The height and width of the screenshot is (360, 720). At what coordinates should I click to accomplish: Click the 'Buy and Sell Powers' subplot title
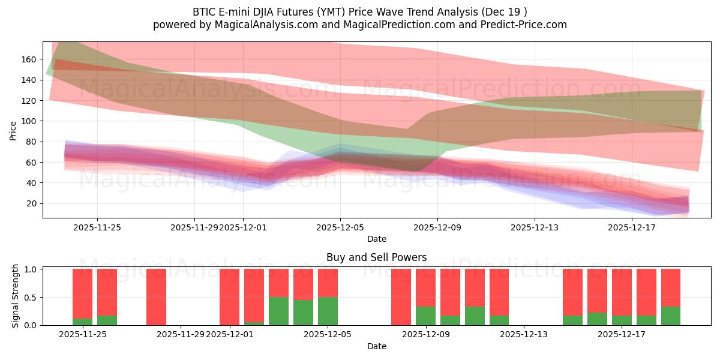[376, 257]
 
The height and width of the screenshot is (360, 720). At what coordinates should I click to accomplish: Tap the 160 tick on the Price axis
[29, 59]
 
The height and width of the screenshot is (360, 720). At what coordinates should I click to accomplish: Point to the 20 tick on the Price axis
[32, 204]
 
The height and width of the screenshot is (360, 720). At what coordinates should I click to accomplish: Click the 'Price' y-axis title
[13, 130]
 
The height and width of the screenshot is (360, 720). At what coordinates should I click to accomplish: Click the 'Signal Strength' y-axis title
[16, 296]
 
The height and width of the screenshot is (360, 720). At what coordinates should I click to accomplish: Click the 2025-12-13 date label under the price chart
[534, 227]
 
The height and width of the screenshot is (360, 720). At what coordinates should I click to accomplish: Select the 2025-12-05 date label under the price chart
[340, 227]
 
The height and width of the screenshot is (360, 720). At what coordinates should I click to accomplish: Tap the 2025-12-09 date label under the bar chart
[425, 335]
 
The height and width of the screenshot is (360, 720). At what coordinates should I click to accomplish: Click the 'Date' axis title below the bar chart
[376, 346]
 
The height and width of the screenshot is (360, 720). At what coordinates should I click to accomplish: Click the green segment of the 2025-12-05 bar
[328, 311]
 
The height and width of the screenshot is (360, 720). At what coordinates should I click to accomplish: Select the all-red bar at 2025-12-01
[229, 297]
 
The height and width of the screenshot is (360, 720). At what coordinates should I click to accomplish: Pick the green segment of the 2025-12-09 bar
[425, 316]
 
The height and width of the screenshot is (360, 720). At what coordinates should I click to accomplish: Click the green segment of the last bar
[671, 316]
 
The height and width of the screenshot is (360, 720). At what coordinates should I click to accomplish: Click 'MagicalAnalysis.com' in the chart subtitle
[262, 25]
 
